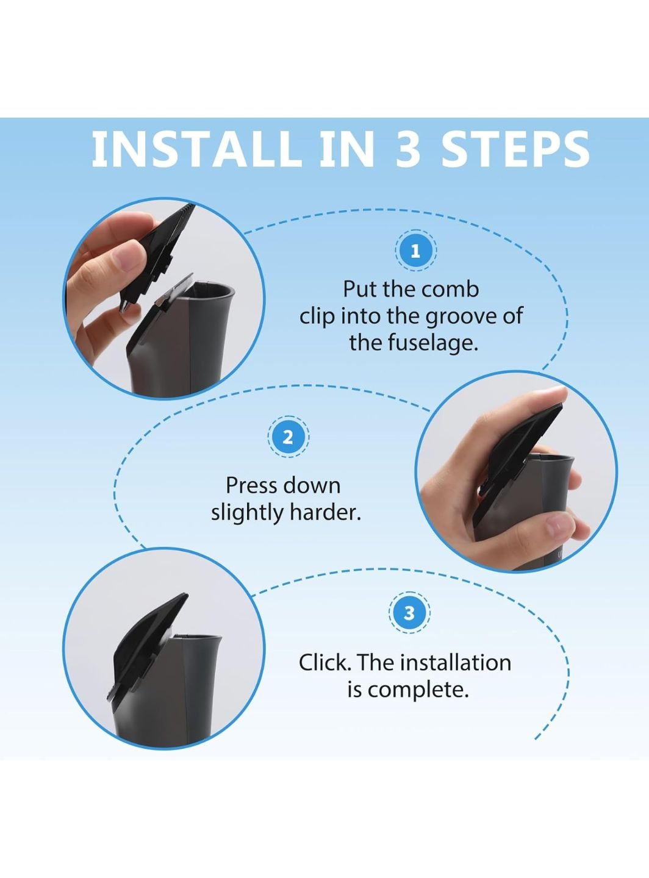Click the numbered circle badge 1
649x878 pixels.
pyautogui.click(x=416, y=251)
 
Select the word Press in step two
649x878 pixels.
pyautogui.click(x=249, y=485)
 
